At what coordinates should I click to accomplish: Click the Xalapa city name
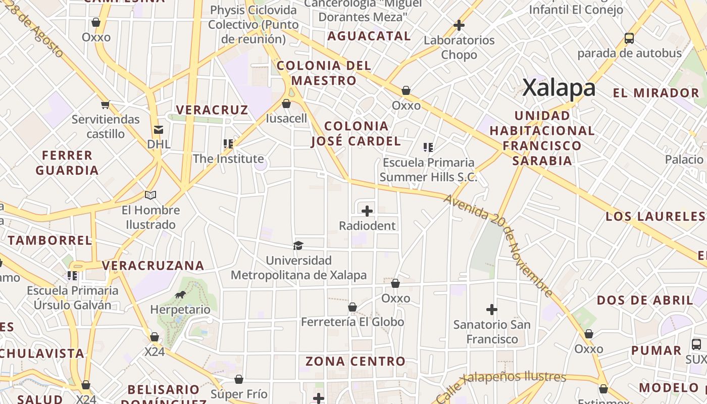559,88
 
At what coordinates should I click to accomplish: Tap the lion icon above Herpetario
180,295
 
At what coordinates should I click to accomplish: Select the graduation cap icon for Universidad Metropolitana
298,245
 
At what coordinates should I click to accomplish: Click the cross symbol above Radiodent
367,211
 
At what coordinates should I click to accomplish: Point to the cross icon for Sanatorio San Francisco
492,309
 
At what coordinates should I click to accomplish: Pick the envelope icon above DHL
159,130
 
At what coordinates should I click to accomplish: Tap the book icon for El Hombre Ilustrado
150,195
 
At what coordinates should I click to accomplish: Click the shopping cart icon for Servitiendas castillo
105,105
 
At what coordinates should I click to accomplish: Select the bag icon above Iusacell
286,104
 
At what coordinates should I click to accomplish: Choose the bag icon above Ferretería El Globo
352,307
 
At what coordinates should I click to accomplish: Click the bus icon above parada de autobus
629,38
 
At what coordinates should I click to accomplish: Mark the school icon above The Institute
228,144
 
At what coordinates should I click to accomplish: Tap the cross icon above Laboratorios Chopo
459,25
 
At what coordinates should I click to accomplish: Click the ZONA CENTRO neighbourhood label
355,361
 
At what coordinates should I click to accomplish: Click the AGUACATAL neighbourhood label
369,36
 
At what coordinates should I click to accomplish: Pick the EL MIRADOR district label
655,93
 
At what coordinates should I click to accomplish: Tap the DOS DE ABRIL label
645,300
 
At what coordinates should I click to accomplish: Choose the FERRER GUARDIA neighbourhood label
67,163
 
